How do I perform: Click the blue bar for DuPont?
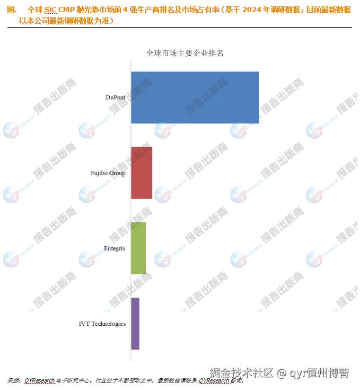[x=195, y=98]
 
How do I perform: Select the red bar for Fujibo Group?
[x=141, y=173]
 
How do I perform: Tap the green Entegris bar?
[x=138, y=248]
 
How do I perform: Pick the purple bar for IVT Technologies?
[x=135, y=324]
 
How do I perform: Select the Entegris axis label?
[x=115, y=248]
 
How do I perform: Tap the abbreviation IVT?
[x=84, y=324]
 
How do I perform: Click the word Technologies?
[x=109, y=324]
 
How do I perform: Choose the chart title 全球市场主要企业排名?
[x=185, y=54]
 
